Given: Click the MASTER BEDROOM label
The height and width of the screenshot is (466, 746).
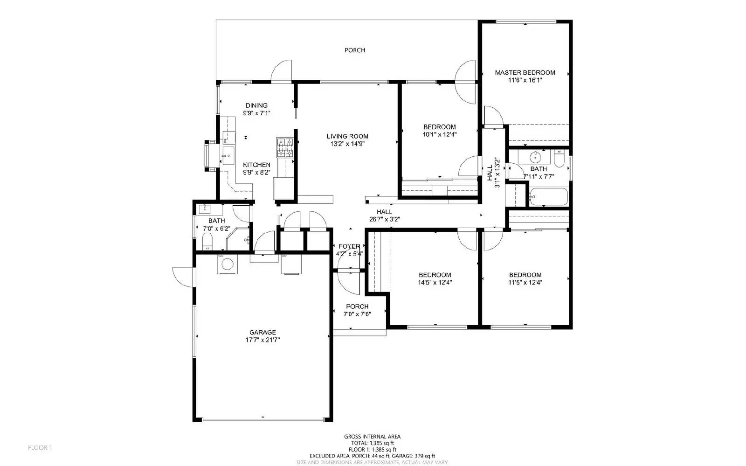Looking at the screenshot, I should pos(525,72).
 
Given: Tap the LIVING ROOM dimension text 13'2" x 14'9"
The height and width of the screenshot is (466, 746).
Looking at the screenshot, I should pos(347,144).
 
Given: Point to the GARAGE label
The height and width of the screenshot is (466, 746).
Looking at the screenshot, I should pos(262,332).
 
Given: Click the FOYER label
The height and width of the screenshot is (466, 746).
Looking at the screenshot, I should pos(349,246).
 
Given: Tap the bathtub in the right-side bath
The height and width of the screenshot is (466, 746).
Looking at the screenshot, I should pos(549,197).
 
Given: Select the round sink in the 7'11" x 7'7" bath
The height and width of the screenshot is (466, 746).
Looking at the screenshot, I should pos(536,156).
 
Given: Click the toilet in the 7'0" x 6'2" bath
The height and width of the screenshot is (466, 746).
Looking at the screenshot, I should pos(207,241).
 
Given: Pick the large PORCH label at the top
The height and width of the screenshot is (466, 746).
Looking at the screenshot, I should pos(355,50).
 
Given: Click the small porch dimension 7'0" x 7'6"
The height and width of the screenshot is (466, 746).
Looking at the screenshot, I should pos(357,314).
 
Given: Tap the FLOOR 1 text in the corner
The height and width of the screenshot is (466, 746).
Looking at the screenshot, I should pos(40,448).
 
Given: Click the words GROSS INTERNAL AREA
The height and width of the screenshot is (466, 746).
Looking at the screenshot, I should pos(372,437).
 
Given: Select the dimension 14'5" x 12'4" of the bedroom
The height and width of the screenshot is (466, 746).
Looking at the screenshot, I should pos(435,282).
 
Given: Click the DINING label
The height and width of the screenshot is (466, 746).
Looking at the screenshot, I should pos(256,105).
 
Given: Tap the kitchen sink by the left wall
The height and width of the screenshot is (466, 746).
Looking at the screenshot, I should pos(228,155).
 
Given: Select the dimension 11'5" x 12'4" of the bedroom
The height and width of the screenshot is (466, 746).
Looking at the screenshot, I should pos(525,282).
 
